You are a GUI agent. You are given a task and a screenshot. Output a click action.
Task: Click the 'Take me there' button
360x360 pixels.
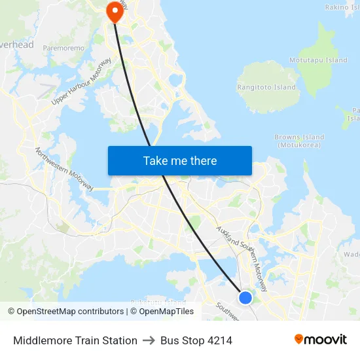click(x=180, y=161)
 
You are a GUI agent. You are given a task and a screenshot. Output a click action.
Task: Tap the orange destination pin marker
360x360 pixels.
click(x=115, y=10)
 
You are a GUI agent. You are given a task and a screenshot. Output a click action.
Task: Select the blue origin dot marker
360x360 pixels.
click(x=245, y=298)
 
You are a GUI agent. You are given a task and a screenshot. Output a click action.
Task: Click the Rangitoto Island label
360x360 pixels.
click(x=266, y=87)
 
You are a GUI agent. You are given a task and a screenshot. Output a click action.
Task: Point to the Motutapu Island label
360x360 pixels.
click(x=319, y=60)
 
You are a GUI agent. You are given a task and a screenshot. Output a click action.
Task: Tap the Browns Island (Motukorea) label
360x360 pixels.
click(x=299, y=141)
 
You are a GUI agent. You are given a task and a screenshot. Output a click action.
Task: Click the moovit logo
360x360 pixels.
click(x=320, y=340)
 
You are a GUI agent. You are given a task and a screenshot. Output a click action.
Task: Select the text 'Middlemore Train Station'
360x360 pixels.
click(x=75, y=340)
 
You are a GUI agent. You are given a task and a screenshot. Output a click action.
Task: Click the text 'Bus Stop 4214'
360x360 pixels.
click(x=196, y=340)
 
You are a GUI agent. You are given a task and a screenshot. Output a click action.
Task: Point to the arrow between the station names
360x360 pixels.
click(x=149, y=340)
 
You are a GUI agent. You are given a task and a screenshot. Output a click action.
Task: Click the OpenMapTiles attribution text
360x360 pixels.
click(x=166, y=312)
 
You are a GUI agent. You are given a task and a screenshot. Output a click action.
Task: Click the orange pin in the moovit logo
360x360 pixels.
click(x=299, y=340)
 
